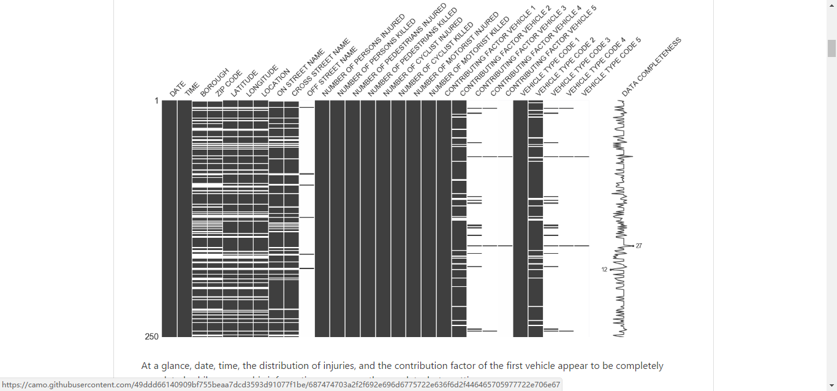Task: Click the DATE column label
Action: [178, 89]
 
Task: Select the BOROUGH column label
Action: [214, 83]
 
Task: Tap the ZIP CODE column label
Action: [229, 84]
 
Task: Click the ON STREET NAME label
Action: [300, 73]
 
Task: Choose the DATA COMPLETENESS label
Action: [651, 67]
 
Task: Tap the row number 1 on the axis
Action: [156, 101]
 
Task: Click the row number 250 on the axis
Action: [151, 336]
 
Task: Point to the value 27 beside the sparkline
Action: [638, 246]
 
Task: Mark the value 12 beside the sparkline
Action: [604, 270]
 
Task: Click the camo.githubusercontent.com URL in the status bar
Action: [281, 385]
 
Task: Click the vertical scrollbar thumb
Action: [831, 48]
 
